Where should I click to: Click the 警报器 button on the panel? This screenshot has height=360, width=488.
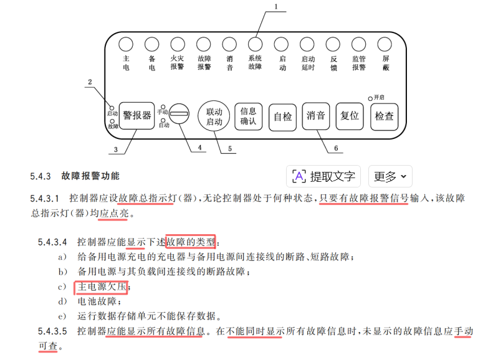point(137,115)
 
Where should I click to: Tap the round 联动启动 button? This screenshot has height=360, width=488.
point(214,116)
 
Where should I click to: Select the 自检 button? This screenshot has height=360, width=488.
point(282,116)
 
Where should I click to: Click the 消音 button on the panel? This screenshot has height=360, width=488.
point(316,116)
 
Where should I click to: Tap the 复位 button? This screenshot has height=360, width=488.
point(350,116)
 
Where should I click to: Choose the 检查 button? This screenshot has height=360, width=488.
point(384,116)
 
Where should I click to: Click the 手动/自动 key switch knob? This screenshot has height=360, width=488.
point(179,115)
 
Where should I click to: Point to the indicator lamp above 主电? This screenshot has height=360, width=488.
point(125,44)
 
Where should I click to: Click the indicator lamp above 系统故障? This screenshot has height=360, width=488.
point(255,44)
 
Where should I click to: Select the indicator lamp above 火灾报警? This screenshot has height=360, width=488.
point(178,44)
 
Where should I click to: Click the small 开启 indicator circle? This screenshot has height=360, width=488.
point(370,98)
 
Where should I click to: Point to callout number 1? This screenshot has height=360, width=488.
point(275,7)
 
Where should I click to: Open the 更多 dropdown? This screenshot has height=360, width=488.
point(390,176)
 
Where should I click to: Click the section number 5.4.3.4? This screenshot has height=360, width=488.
point(53,241)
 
